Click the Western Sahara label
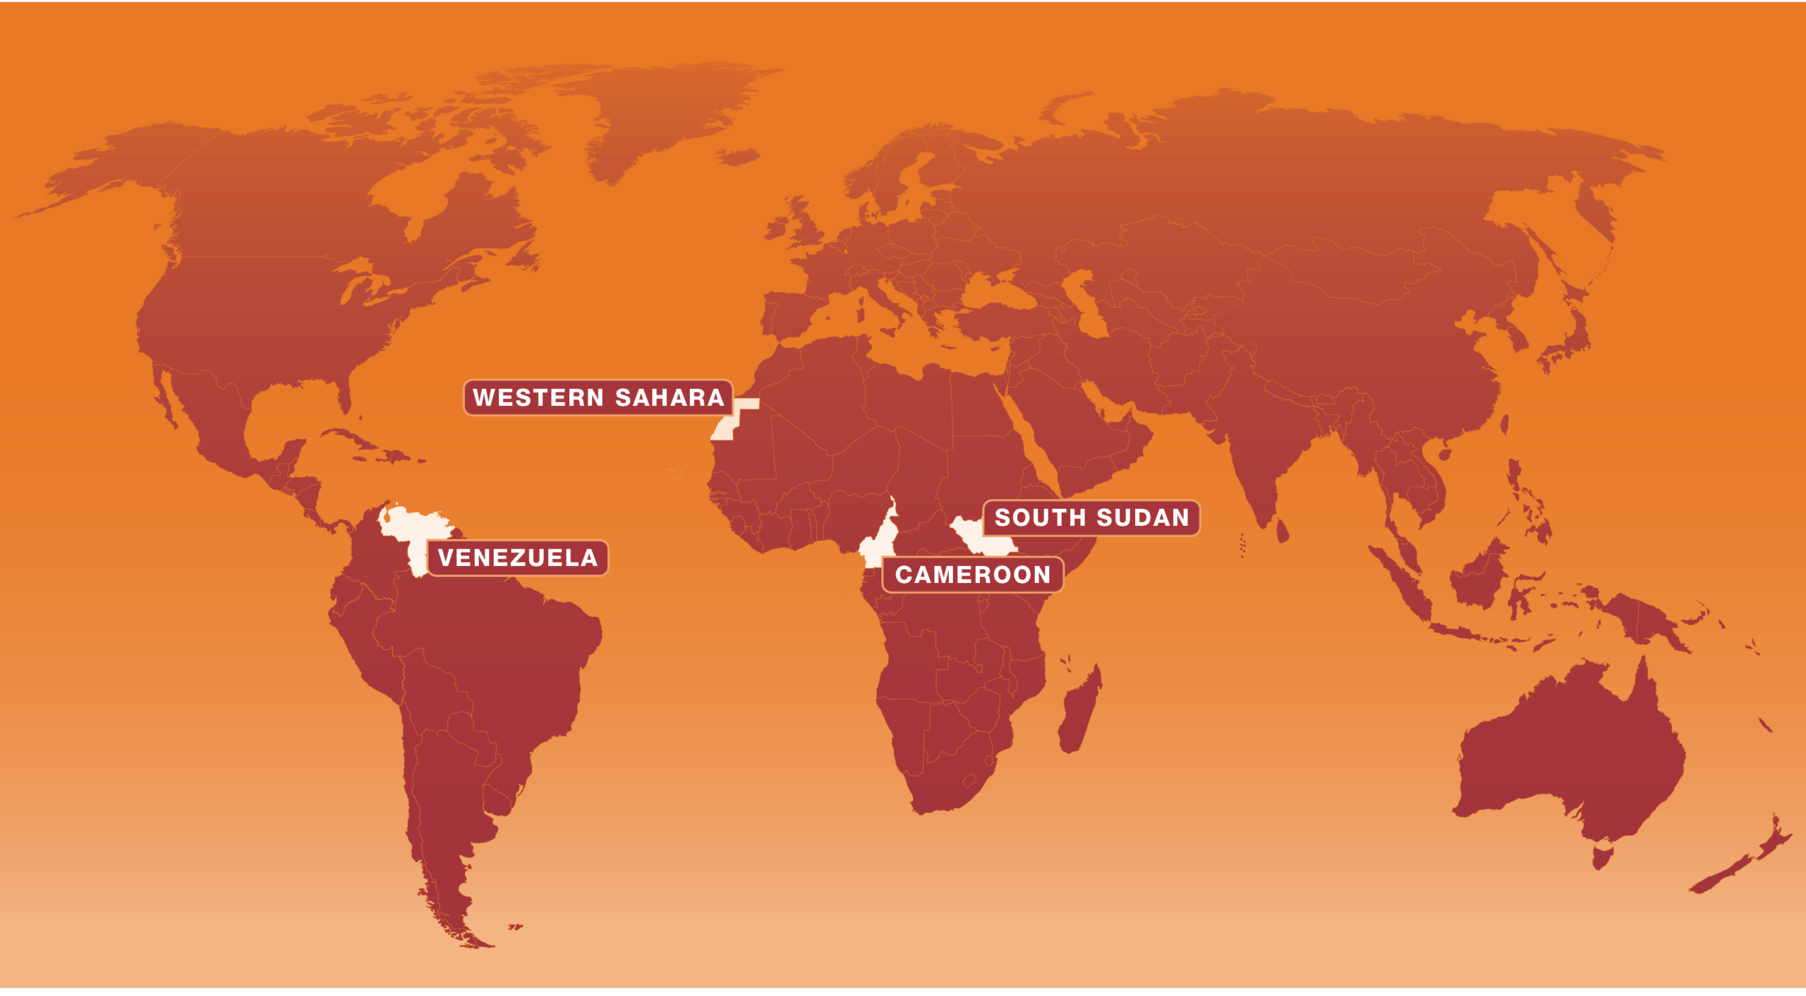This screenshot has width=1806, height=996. (598, 397)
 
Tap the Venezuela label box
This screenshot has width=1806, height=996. (518, 558)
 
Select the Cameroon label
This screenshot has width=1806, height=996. (973, 575)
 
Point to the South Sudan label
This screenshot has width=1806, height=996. (1091, 517)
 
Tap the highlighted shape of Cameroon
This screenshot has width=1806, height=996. (875, 547)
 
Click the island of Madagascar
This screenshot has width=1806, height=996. (1079, 713)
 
